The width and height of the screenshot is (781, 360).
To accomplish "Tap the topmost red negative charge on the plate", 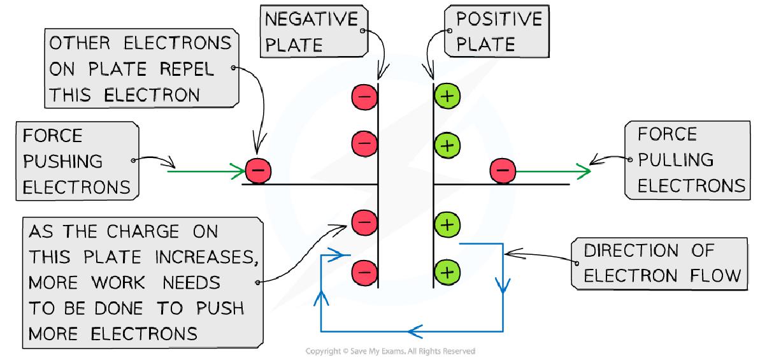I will click(364, 97).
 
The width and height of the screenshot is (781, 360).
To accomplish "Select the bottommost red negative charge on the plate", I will click(364, 272).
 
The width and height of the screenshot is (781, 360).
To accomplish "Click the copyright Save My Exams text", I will click(390, 351).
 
